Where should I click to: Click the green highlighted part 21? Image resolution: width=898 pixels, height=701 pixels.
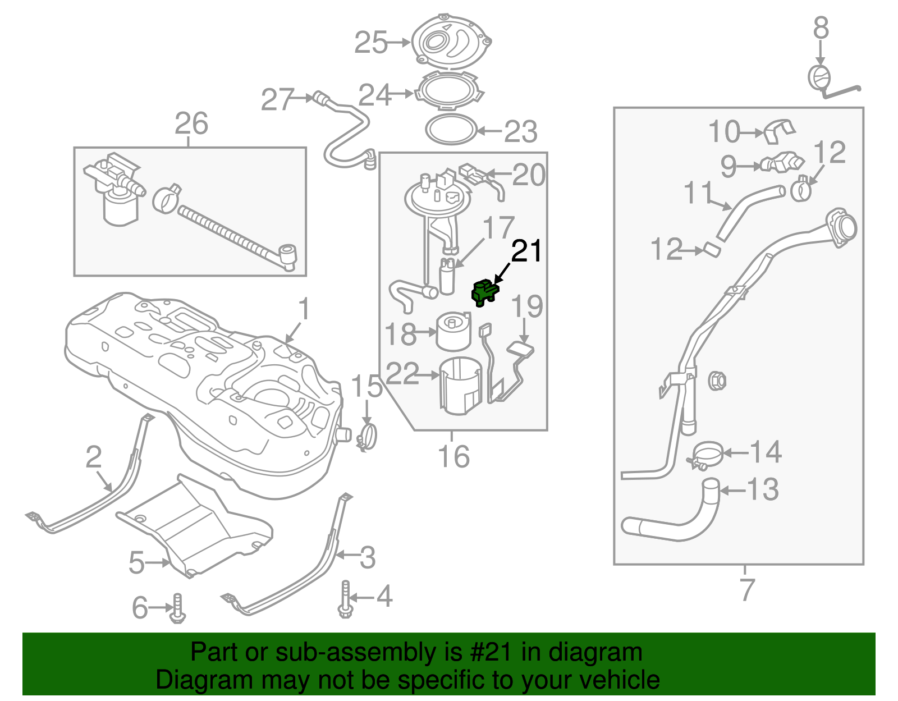[484, 293]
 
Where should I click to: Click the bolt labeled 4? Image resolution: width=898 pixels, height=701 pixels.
[345, 599]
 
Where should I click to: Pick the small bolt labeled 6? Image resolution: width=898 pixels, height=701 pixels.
[178, 609]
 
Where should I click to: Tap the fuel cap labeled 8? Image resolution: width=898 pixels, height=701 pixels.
[819, 78]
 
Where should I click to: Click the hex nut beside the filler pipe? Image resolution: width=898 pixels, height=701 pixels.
[717, 381]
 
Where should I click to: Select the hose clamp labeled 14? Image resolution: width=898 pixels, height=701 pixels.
[707, 453]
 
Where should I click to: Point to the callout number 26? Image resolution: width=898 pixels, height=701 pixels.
[191, 123]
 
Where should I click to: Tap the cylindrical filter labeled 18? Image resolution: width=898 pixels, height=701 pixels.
[453, 332]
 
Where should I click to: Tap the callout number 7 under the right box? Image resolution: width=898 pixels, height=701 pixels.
[746, 589]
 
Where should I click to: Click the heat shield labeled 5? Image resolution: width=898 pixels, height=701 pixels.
[196, 528]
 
